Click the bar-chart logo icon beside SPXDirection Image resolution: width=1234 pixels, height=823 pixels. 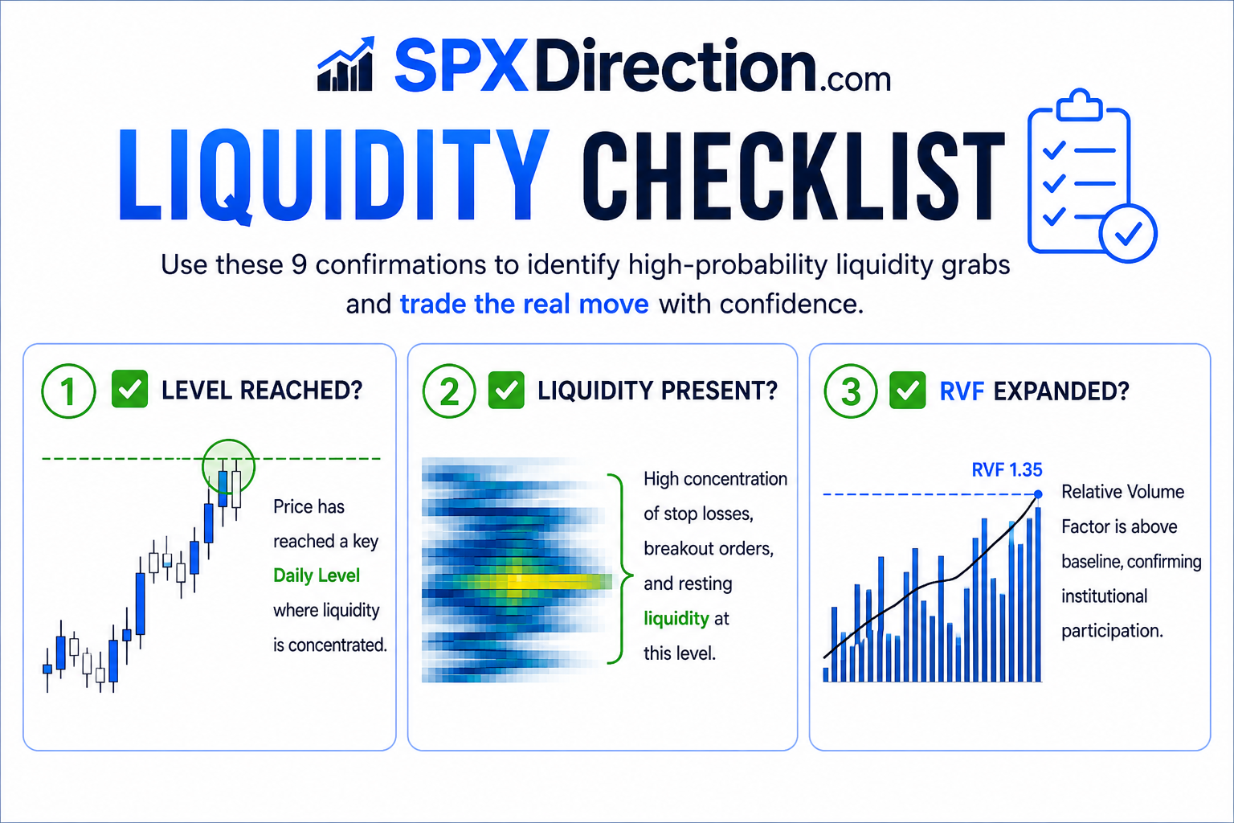click(346, 64)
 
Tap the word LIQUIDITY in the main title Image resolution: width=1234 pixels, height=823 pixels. click(334, 176)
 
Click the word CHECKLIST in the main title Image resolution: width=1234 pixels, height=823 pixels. click(793, 176)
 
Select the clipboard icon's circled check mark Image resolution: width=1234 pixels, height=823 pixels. click(1128, 233)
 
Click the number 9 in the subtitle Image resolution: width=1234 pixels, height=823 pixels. click(299, 265)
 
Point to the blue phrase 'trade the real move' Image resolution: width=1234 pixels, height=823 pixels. click(524, 305)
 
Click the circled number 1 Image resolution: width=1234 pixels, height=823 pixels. click(68, 391)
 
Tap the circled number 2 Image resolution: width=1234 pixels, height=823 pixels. click(449, 391)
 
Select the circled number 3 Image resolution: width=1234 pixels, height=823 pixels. click(851, 391)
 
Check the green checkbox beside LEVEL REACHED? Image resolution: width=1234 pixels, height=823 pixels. click(129, 389)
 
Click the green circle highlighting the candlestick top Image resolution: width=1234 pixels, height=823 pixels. click(229, 440)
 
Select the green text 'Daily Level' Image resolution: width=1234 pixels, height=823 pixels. click(317, 575)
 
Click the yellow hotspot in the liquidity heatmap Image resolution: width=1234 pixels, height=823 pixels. click(551, 580)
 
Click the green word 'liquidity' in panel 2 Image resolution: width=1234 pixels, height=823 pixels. click(676, 619)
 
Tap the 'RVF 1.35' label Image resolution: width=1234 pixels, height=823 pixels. click(1007, 469)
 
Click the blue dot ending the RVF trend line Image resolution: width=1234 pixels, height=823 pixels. click(1038, 494)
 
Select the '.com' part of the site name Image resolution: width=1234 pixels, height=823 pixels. click(855, 80)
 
